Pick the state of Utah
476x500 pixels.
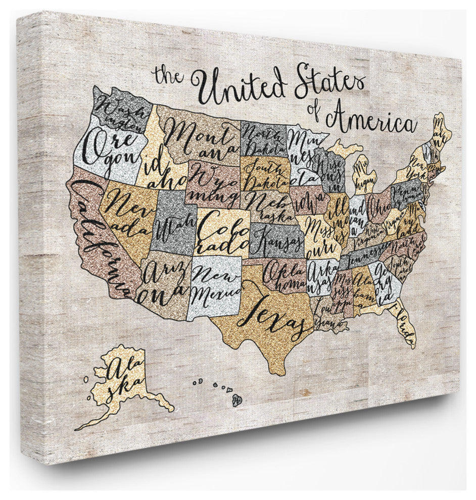[x=175, y=222]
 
